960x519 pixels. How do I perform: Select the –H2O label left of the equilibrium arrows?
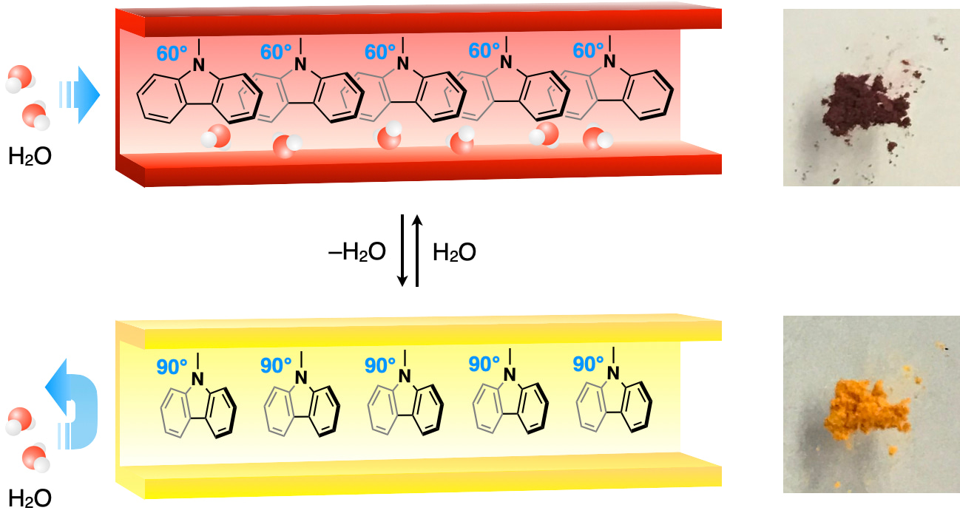[x=357, y=253]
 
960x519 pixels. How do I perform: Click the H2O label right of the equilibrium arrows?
[x=453, y=253]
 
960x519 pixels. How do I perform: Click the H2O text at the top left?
[x=30, y=157]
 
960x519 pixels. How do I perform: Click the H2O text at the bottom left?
[x=30, y=498]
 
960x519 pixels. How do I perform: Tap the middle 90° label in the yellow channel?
[x=382, y=364]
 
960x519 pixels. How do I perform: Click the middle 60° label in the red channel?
[x=382, y=52]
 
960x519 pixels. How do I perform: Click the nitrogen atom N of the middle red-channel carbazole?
[x=404, y=64]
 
